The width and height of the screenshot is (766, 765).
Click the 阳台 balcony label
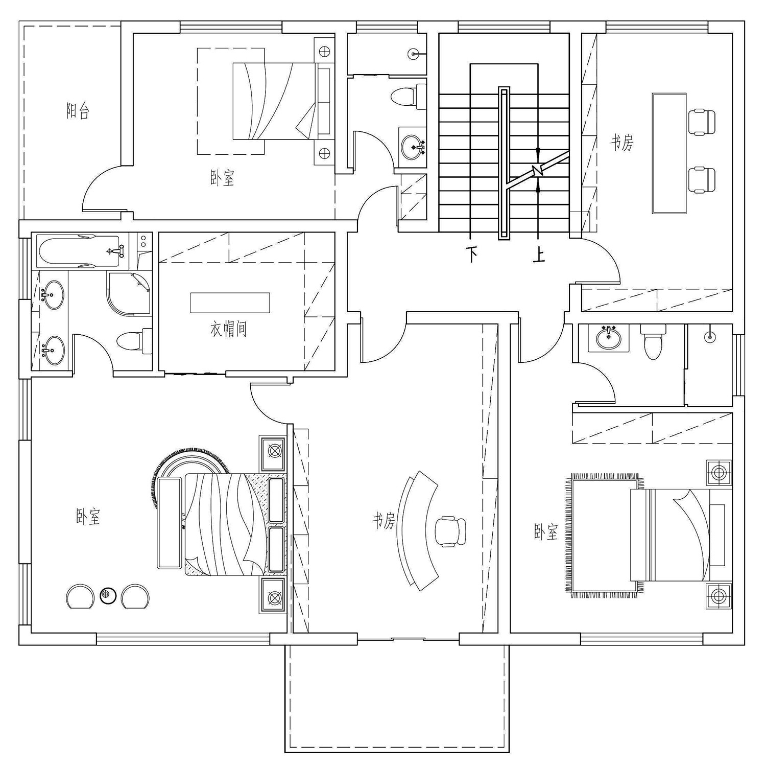(78, 111)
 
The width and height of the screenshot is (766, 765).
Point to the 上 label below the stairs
(538, 254)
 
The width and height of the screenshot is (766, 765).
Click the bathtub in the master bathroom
(79, 251)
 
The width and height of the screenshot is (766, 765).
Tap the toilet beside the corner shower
(134, 341)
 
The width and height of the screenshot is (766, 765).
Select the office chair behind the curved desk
(450, 532)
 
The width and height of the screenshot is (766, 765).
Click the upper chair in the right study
(702, 122)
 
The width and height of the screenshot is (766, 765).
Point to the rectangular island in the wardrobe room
(230, 303)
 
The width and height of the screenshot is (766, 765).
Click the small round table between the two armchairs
(108, 595)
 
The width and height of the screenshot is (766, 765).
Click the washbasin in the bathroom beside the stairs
(413, 148)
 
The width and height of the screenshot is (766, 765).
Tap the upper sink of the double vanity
(51, 295)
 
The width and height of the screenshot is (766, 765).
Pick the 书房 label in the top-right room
(621, 143)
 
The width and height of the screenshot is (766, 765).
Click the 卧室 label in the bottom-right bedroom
(546, 532)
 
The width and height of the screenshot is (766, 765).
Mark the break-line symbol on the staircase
(537, 170)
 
